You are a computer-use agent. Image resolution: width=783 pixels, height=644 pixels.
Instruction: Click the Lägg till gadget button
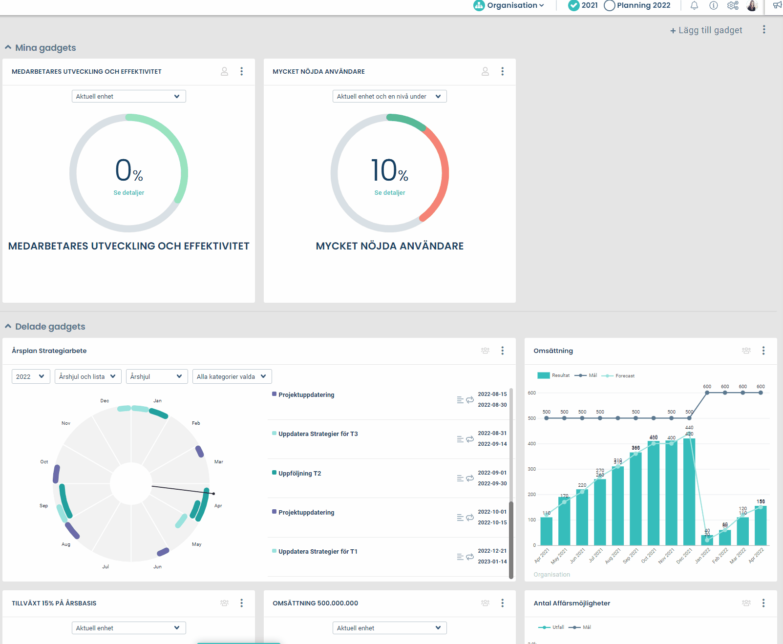click(x=706, y=30)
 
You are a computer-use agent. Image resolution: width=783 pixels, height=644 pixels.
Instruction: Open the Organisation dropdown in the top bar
click(x=509, y=5)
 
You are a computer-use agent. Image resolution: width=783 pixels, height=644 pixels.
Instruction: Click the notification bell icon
click(x=694, y=5)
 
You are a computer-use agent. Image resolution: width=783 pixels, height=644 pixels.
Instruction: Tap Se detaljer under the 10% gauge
click(x=389, y=193)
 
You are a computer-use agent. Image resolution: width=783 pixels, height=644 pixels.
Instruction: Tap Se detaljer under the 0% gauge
click(x=128, y=193)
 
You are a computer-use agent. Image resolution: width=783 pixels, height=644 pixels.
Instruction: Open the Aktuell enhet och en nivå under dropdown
click(x=389, y=96)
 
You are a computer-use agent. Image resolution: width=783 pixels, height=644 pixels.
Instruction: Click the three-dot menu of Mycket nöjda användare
click(x=502, y=71)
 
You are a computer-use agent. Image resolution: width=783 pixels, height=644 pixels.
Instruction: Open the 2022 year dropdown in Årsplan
click(x=30, y=376)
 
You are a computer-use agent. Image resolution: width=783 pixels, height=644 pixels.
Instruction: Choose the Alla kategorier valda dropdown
click(x=232, y=376)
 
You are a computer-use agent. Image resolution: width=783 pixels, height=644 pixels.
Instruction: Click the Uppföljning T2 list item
click(x=299, y=474)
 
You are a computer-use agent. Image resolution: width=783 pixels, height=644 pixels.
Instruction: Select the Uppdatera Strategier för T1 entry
click(x=317, y=552)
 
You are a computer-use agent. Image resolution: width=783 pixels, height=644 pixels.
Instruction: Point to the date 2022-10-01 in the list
click(x=492, y=512)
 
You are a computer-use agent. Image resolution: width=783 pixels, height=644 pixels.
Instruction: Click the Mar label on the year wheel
click(x=219, y=462)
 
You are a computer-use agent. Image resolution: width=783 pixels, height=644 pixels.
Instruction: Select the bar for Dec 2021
click(x=689, y=491)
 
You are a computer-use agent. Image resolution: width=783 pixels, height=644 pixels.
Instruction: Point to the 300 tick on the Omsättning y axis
click(x=531, y=469)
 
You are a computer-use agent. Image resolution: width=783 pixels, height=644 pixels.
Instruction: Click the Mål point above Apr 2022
click(x=761, y=393)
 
